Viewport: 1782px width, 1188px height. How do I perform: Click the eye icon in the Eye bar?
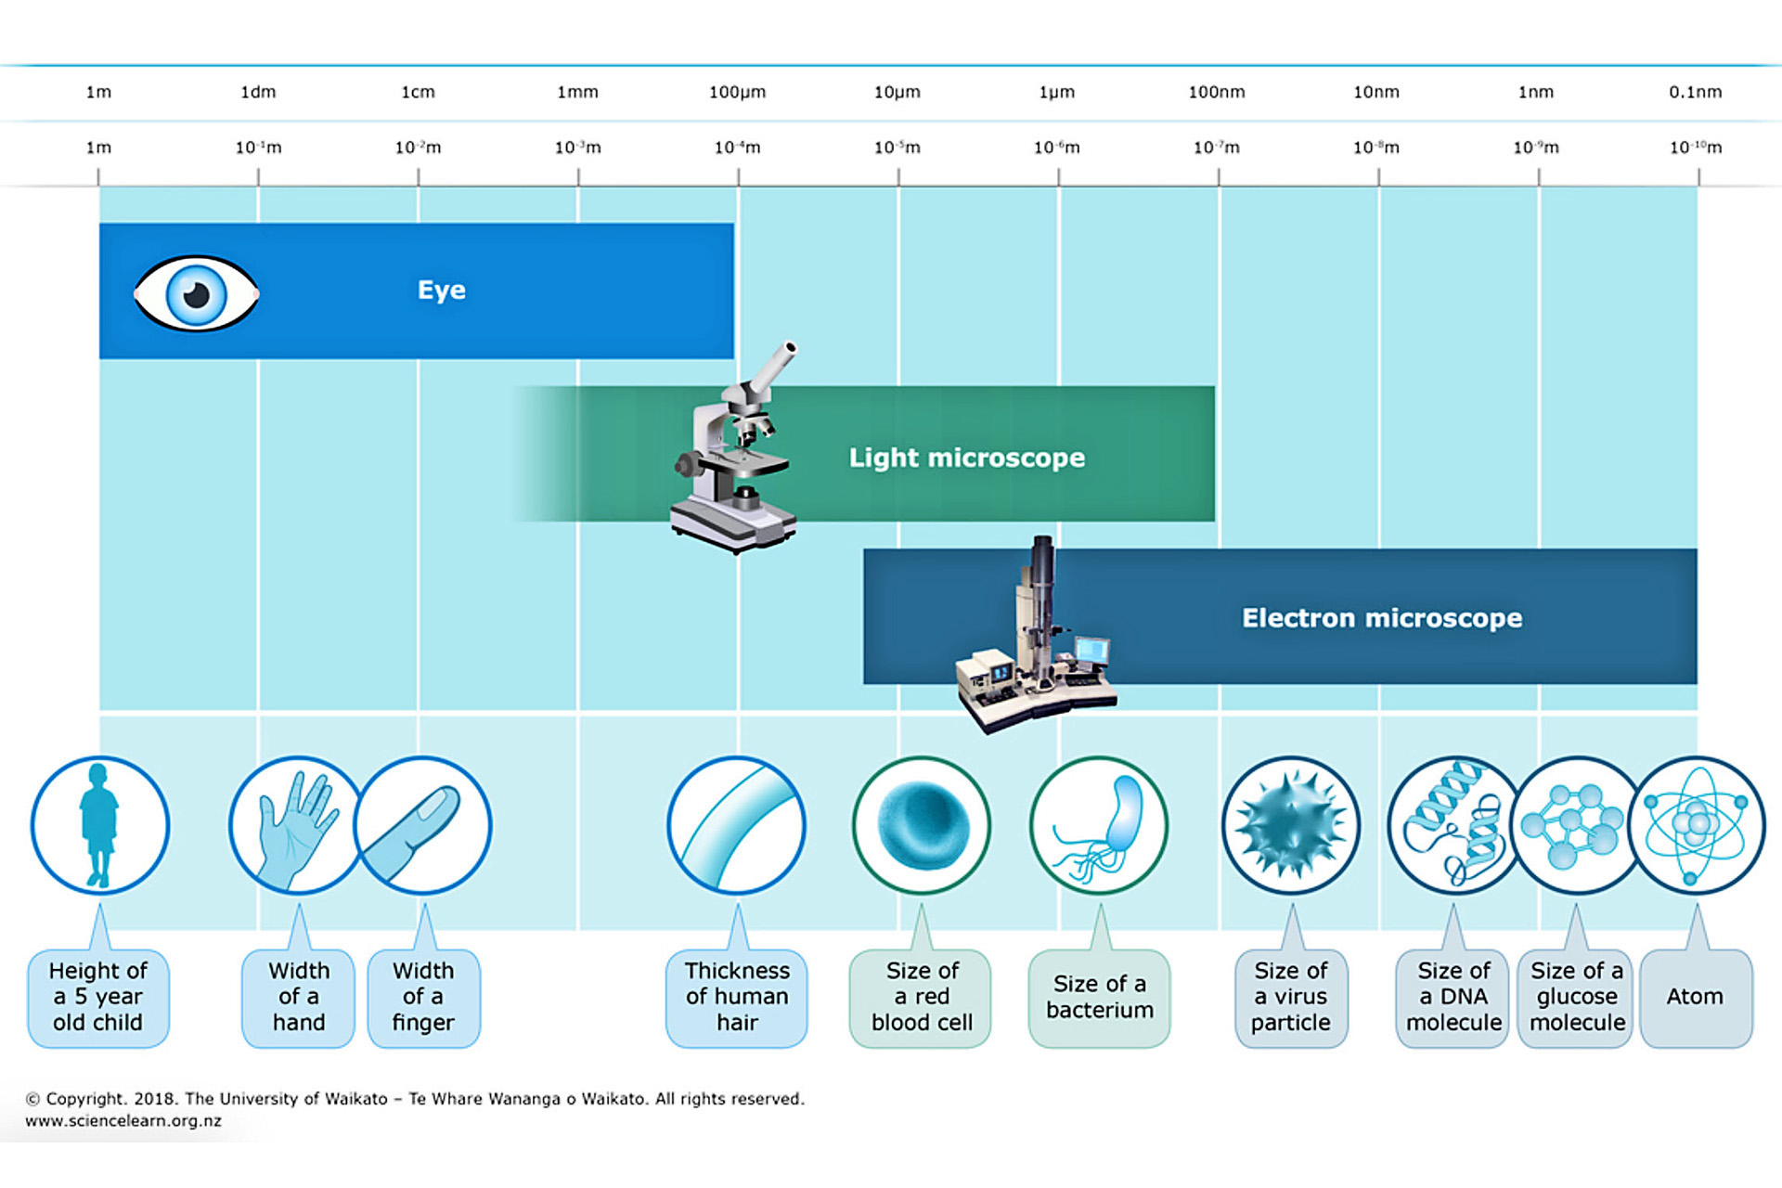196,294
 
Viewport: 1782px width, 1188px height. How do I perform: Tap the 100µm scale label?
737,92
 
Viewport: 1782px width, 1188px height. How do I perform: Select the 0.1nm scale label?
1695,92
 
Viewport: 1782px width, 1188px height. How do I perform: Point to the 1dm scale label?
258,92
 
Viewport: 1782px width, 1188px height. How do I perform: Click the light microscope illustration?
735,448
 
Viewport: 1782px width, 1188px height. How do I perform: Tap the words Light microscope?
966,458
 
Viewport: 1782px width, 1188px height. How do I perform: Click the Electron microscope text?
1382,618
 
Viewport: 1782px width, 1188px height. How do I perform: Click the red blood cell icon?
922,825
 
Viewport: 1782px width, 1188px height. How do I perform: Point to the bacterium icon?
1099,825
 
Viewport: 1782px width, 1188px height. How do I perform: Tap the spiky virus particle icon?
1291,825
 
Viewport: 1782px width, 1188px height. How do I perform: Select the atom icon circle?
1697,825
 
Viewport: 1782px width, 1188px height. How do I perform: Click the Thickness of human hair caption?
737,997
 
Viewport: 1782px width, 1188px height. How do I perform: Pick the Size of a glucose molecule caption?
1576,997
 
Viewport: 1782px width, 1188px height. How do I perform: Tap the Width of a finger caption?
423,997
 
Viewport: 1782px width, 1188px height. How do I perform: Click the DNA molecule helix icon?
1454,825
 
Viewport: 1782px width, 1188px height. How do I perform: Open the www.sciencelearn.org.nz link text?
123,1121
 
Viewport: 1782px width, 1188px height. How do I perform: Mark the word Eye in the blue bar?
442,291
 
